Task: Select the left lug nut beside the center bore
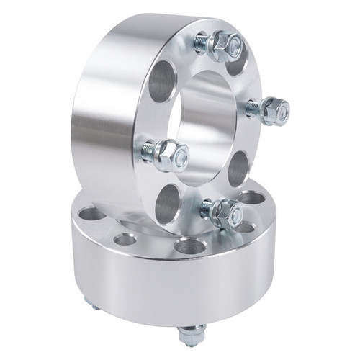pyautogui.click(x=173, y=155)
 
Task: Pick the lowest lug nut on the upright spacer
pyautogui.click(x=226, y=211)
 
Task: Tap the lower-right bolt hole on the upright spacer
pyautogui.click(x=238, y=168)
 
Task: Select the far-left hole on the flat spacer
pyautogui.click(x=89, y=213)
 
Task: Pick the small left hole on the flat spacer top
pyautogui.click(x=125, y=238)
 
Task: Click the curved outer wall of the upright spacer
pyautogui.click(x=108, y=108)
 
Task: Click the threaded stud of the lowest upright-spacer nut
pyautogui.click(x=207, y=209)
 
